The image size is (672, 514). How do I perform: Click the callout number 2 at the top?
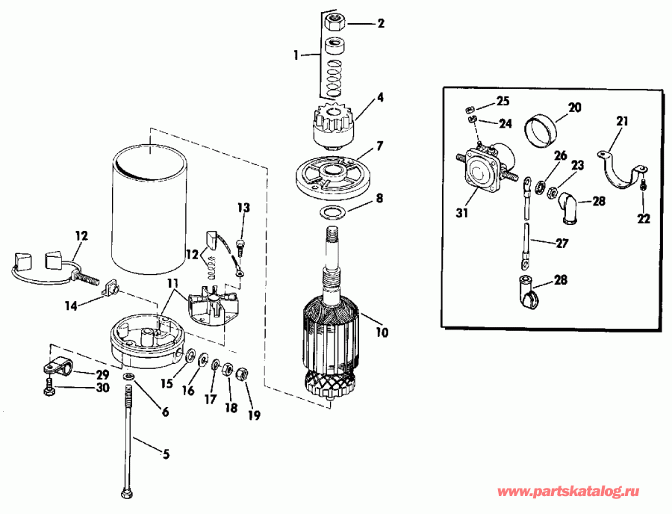pyautogui.click(x=380, y=23)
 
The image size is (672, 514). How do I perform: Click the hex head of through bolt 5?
pyautogui.click(x=125, y=493)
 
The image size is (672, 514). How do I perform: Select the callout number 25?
pyautogui.click(x=503, y=101)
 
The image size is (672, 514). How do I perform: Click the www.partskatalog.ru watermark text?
pyautogui.click(x=568, y=492)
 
